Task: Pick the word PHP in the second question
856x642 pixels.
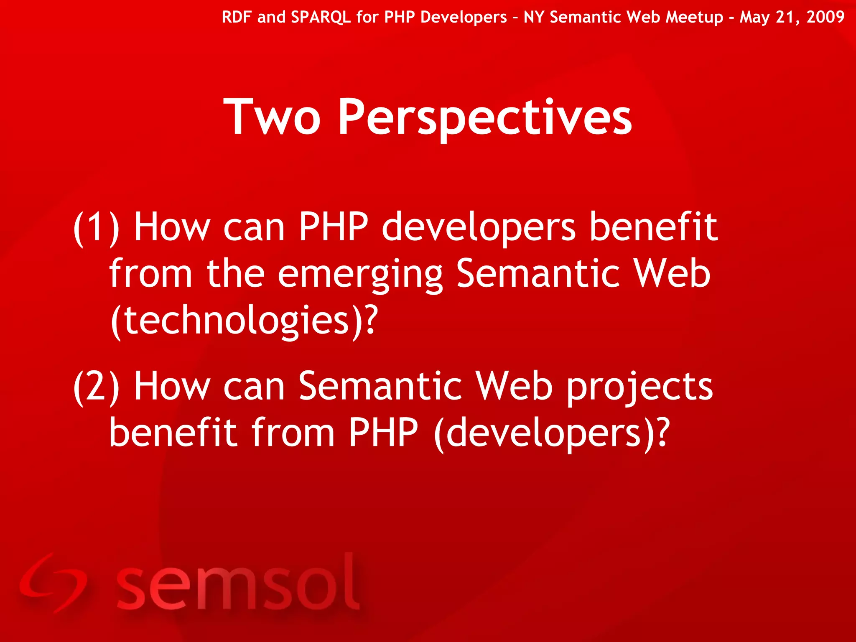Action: click(383, 433)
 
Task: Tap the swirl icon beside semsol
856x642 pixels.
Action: click(52, 583)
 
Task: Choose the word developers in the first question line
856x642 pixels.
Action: click(479, 228)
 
